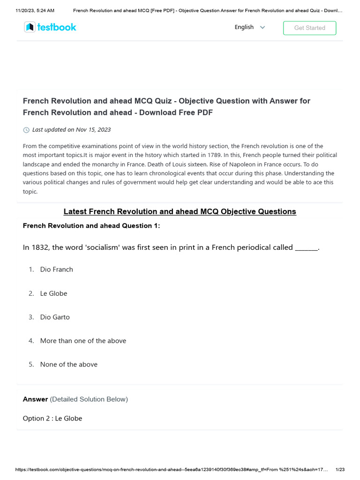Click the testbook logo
pyautogui.click(x=50, y=27)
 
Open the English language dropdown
pyautogui.click(x=250, y=27)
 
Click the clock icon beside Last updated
pyautogui.click(x=26, y=130)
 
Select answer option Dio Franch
pyautogui.click(x=56, y=270)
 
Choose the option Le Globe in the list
pyautogui.click(x=53, y=293)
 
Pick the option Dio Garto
pyautogui.click(x=55, y=317)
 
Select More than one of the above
pyautogui.click(x=83, y=341)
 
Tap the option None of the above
pyautogui.click(x=69, y=365)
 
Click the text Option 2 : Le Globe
pyautogui.click(x=52, y=418)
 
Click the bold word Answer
pyautogui.click(x=35, y=399)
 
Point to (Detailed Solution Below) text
pyautogui.click(x=89, y=399)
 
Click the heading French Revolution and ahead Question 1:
pyautogui.click(x=91, y=226)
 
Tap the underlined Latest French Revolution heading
pyautogui.click(x=180, y=211)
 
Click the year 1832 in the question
pyautogui.click(x=39, y=247)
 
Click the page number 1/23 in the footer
pyautogui.click(x=340, y=469)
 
